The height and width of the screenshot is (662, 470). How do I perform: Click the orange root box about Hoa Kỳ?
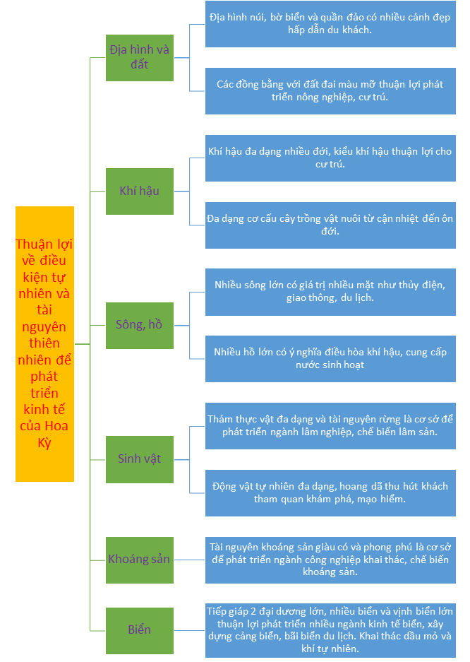pos(44,344)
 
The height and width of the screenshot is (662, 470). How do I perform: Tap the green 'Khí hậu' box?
pos(139,191)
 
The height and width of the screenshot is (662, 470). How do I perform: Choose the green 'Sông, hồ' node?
pos(139,325)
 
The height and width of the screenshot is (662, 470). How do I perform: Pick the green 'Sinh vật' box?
pos(139,459)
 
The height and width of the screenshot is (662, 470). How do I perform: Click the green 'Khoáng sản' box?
pos(139,560)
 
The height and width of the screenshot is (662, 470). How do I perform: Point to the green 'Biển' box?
pos(139,630)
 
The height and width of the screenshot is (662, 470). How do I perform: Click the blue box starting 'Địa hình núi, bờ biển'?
pos(330,24)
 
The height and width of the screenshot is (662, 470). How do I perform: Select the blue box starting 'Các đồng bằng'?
pos(330,91)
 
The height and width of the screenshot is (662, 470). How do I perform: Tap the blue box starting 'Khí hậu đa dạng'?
pos(330,158)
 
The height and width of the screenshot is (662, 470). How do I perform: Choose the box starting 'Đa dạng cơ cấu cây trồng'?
pos(330,225)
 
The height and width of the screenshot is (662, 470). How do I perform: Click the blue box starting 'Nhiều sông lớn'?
pos(330,292)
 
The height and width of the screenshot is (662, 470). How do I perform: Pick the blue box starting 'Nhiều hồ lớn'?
pos(330,358)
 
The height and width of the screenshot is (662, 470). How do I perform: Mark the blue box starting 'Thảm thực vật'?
pos(330,425)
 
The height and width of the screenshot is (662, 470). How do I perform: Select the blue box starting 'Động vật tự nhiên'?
pos(330,492)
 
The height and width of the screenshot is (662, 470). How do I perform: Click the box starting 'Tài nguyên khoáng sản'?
pos(330,560)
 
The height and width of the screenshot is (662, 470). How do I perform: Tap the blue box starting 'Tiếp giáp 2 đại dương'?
pos(330,630)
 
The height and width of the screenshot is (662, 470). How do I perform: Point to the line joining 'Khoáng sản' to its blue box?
pos(189,560)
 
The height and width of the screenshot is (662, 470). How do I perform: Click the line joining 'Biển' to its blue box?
pos(189,630)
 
